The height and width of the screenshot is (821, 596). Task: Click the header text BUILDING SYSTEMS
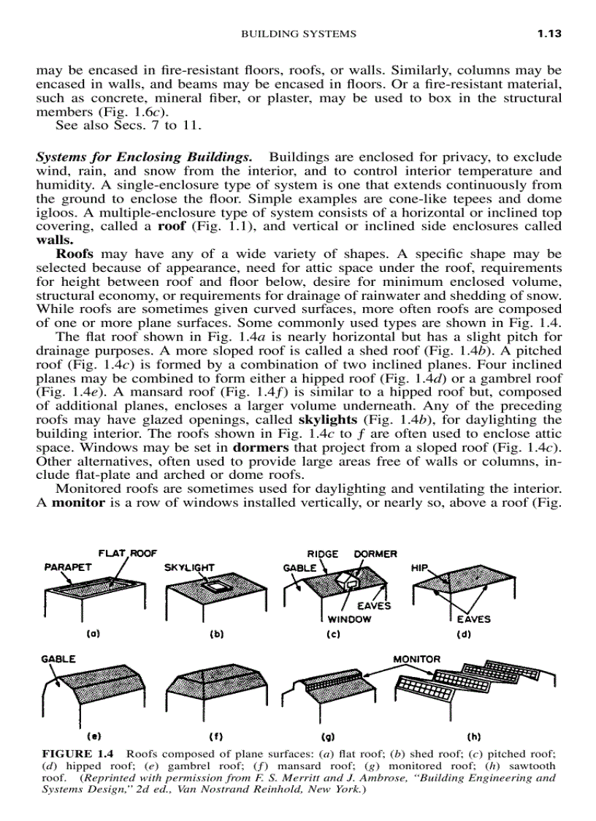pos(299,34)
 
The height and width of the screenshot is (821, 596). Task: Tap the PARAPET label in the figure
pos(69,567)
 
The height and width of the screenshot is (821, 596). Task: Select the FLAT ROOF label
pos(128,553)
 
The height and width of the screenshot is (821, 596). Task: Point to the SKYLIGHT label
pos(189,567)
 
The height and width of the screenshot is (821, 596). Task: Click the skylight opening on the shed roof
pos(217,586)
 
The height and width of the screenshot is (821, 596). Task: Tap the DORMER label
pos(375,554)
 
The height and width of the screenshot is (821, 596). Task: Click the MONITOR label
pos(417,659)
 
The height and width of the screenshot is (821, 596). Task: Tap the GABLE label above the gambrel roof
pos(58,659)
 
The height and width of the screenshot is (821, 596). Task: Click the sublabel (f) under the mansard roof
pos(216,736)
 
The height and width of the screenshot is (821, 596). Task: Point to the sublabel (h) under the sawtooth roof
pos(474,736)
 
